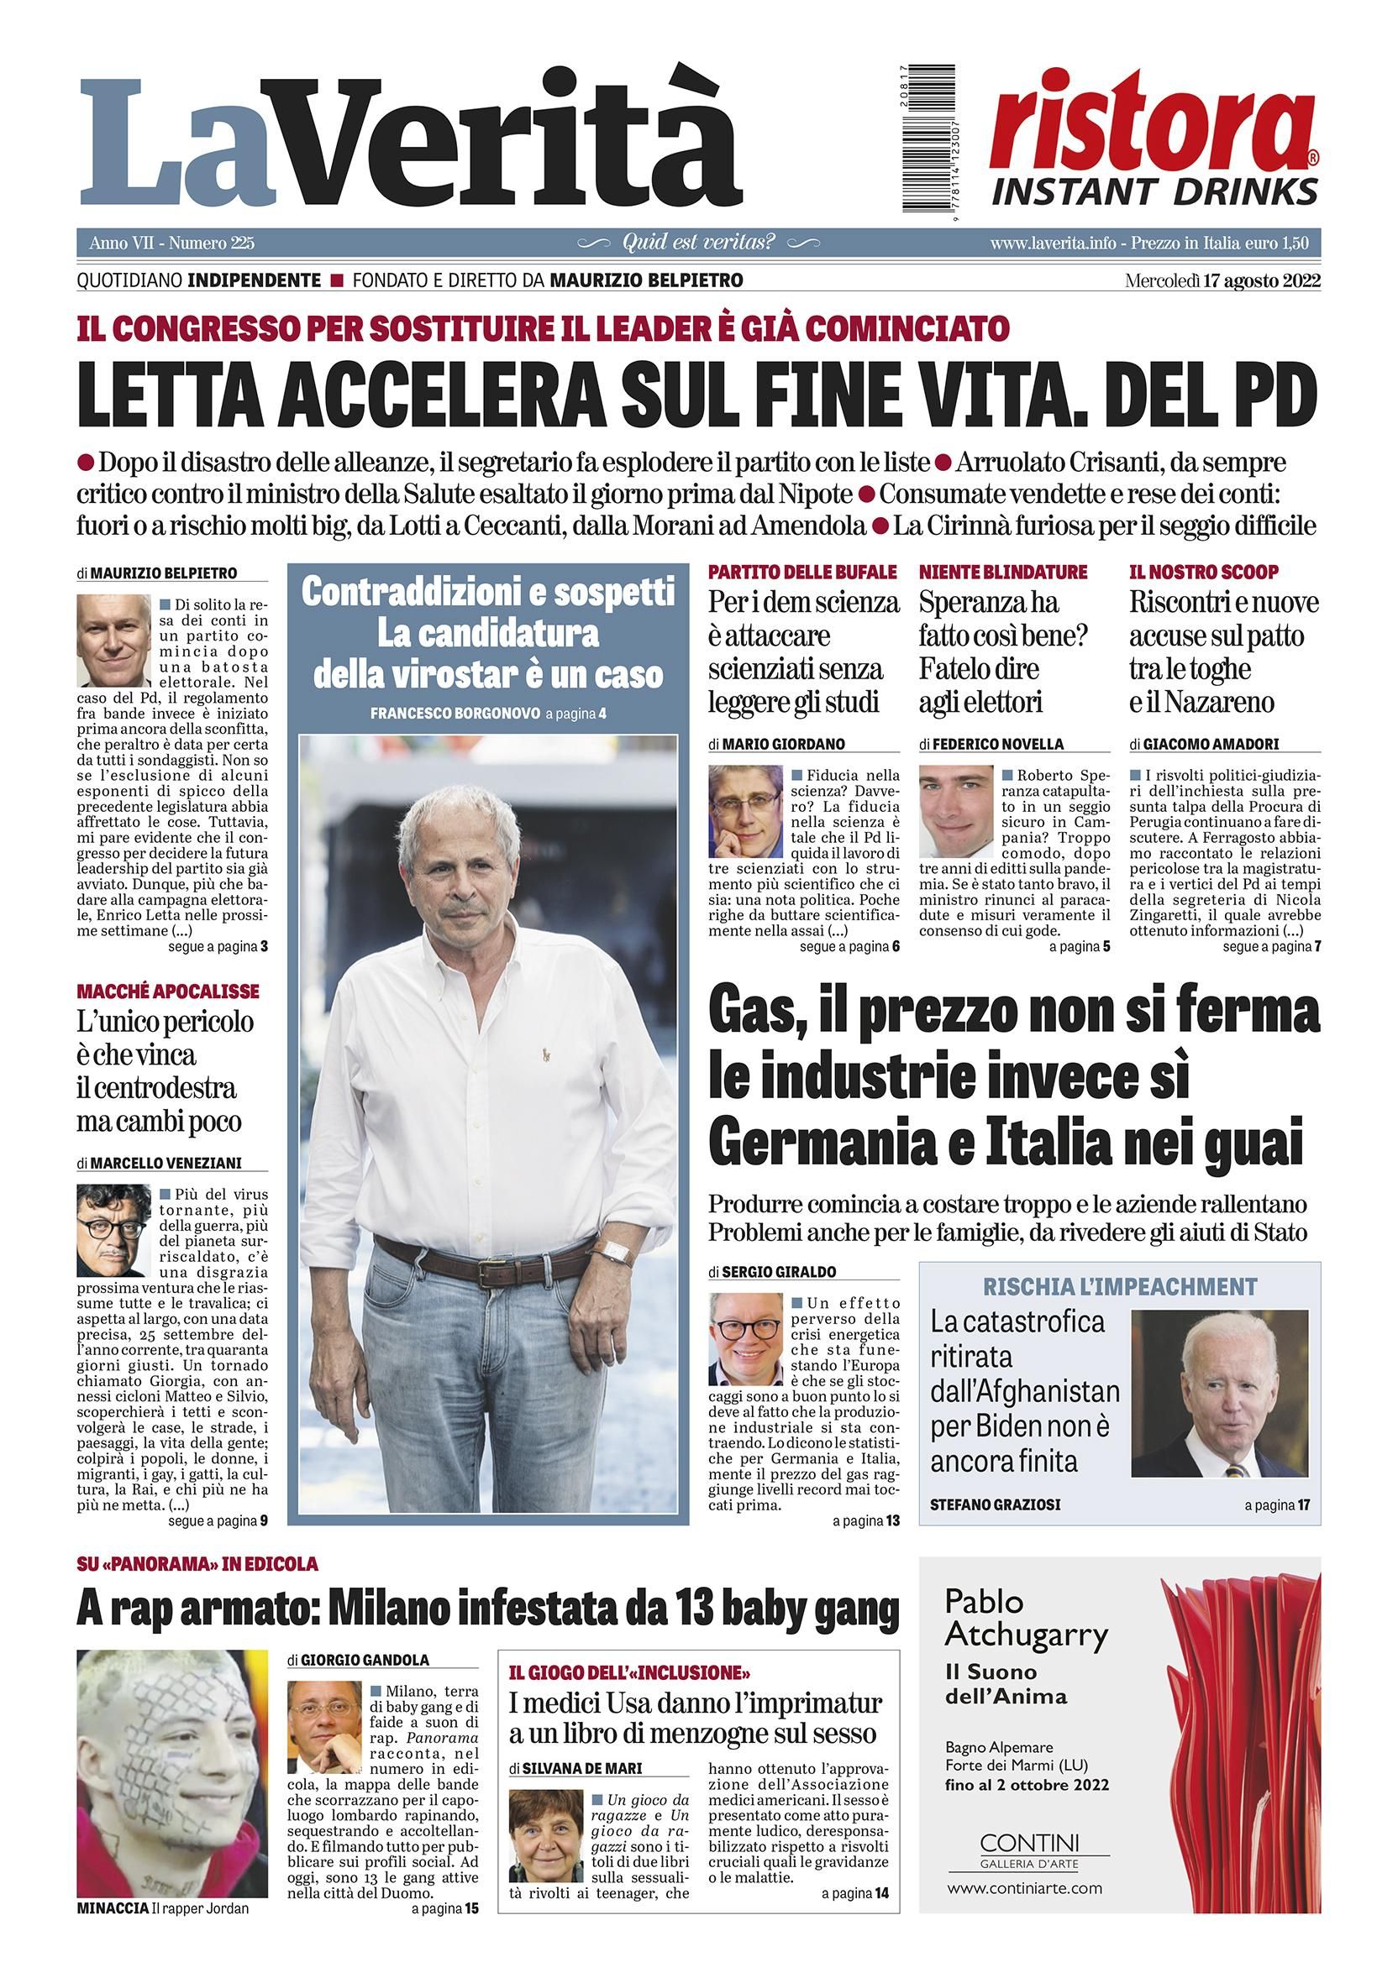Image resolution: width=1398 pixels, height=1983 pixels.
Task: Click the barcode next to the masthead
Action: [x=930, y=139]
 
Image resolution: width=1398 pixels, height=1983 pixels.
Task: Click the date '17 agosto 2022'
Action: [x=1260, y=280]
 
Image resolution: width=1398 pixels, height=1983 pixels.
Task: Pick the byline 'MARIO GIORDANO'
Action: [x=783, y=744]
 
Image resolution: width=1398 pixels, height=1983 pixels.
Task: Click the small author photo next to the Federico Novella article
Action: [x=955, y=810]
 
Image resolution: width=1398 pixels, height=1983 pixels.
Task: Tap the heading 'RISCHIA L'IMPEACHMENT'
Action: [x=1119, y=1286]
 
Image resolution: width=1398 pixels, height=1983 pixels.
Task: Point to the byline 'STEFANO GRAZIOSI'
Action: [x=996, y=1504]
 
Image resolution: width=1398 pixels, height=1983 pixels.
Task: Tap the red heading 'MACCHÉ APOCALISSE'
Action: [x=168, y=991]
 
